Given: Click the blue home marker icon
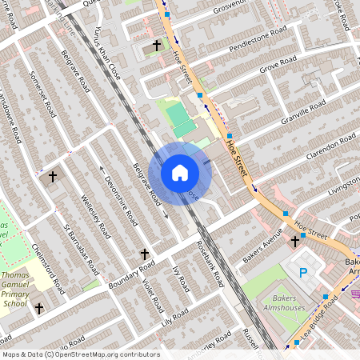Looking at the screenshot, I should click(180, 173).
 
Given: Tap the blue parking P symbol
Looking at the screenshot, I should click(303, 273).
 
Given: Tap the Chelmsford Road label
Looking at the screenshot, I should click(43, 268).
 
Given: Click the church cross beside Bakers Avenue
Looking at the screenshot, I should click(295, 240).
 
